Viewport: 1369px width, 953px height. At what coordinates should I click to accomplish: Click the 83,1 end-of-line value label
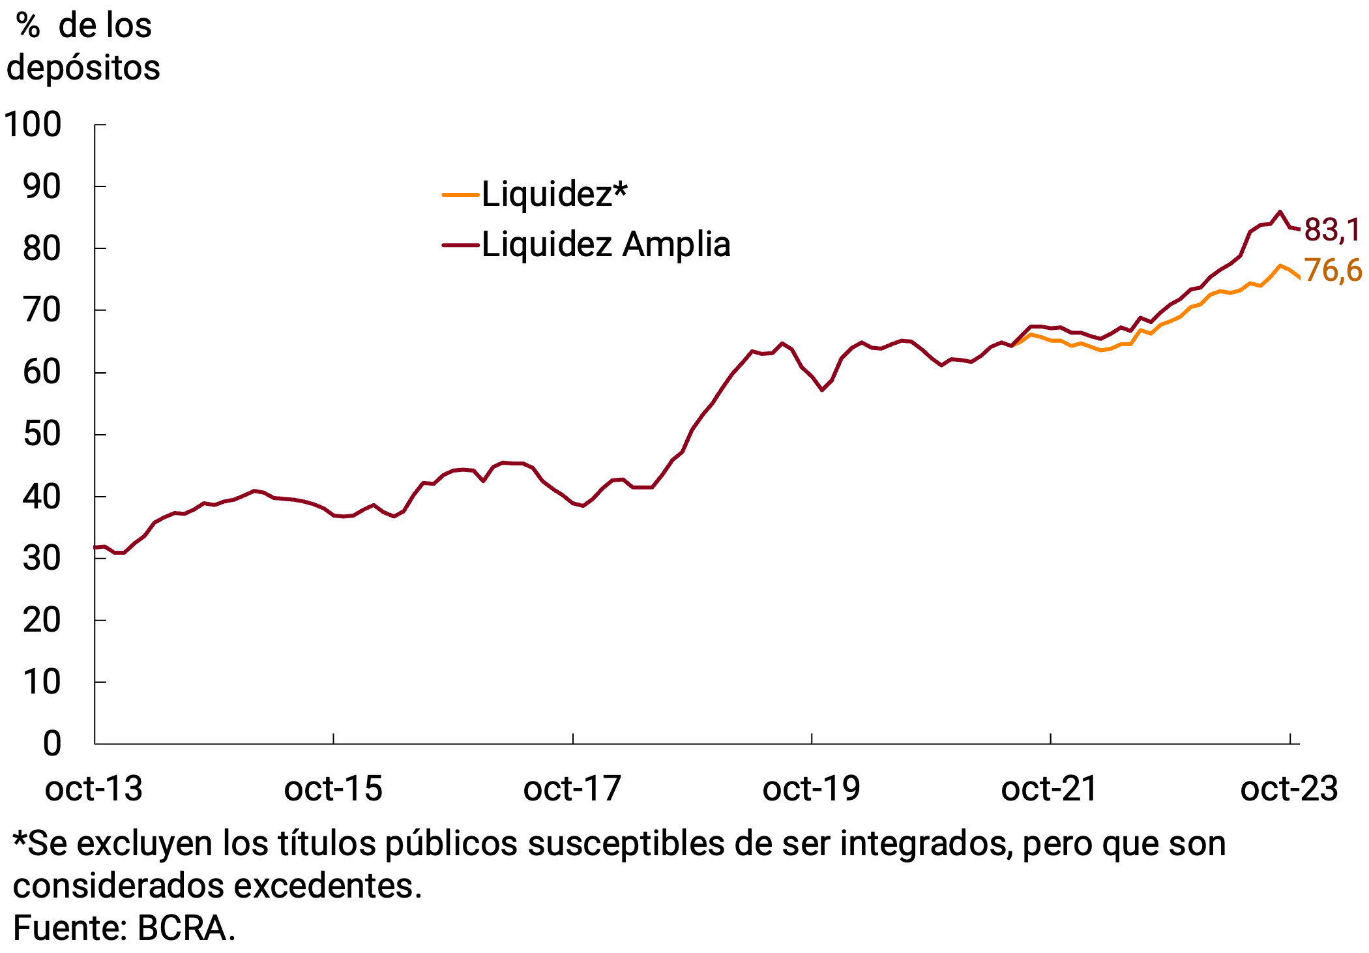[1331, 230]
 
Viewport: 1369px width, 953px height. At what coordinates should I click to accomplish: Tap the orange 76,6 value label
[1332, 271]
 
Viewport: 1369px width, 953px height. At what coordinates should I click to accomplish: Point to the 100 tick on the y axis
[33, 125]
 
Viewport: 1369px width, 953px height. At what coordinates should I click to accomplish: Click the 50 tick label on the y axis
[42, 434]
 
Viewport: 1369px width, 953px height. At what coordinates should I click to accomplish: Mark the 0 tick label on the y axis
[52, 744]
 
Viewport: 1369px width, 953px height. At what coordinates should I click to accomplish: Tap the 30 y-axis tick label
[42, 559]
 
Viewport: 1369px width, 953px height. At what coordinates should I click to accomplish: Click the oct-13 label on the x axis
[94, 789]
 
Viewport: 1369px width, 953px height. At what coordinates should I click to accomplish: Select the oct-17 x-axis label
[572, 789]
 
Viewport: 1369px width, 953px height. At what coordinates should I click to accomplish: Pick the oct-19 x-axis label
[811, 789]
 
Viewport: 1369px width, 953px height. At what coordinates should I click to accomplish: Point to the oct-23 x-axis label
[1289, 789]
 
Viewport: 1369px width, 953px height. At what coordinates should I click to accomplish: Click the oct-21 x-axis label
[1050, 789]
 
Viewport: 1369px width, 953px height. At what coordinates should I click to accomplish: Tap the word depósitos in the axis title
[83, 68]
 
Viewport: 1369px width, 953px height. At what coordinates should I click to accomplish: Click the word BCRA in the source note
[185, 928]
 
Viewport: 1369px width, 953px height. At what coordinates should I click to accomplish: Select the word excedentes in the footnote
[327, 886]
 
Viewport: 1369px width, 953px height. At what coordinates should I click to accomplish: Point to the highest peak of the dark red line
[1280, 211]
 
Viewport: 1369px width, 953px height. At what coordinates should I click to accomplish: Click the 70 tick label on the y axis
[42, 310]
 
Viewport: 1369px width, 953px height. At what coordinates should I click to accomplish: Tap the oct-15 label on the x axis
[333, 789]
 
